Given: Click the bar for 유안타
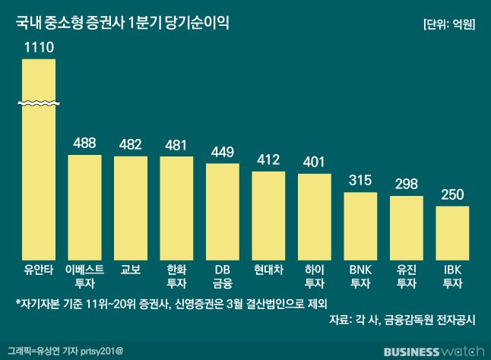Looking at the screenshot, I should (38, 182).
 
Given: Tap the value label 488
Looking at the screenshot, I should (90, 142).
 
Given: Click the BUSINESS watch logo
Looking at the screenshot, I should (433, 352).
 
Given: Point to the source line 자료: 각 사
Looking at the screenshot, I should (402, 320).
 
